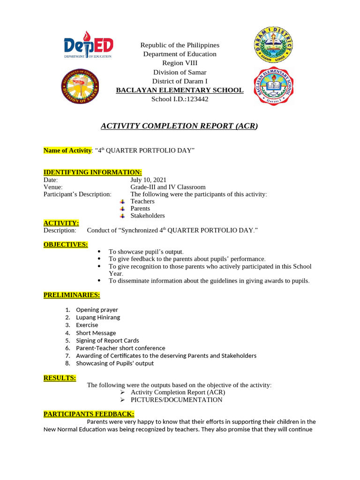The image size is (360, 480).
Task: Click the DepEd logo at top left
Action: tap(88, 45)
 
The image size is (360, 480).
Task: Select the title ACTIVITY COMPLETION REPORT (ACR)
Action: tap(180, 126)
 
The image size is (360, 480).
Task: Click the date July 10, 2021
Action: tap(148, 180)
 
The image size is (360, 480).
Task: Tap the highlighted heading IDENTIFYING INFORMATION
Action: tap(92, 172)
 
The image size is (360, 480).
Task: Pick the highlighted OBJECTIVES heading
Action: tap(66, 244)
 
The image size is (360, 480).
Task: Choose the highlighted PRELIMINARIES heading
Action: tap(72, 295)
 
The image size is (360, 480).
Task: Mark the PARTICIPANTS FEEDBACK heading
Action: tap(89, 414)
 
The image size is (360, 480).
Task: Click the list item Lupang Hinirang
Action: tap(98, 317)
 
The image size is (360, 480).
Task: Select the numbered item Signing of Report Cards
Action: tap(107, 340)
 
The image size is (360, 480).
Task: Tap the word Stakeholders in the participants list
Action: tap(148, 216)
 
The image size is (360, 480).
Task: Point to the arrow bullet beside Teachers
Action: tap(122, 202)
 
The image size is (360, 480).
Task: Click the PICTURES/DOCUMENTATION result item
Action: tap(176, 400)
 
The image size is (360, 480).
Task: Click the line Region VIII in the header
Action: tap(180, 63)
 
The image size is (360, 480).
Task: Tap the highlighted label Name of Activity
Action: tap(67, 150)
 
